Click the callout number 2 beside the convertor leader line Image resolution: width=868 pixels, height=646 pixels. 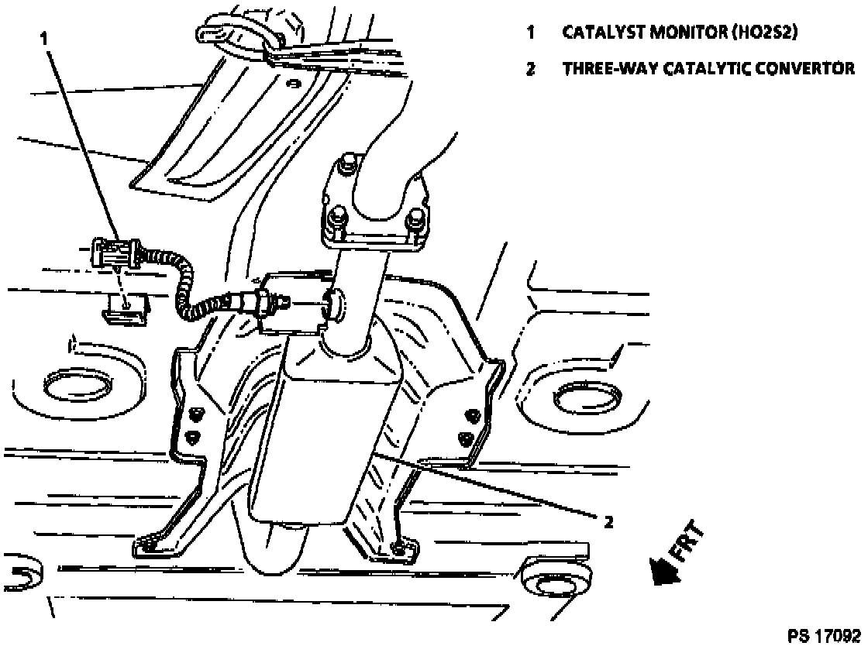point(608,522)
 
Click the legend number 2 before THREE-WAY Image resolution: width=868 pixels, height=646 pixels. point(531,69)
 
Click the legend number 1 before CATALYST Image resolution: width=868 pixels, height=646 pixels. point(531,33)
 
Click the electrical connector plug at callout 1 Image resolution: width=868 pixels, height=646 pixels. point(115,252)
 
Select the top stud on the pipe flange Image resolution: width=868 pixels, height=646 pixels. point(344,165)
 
